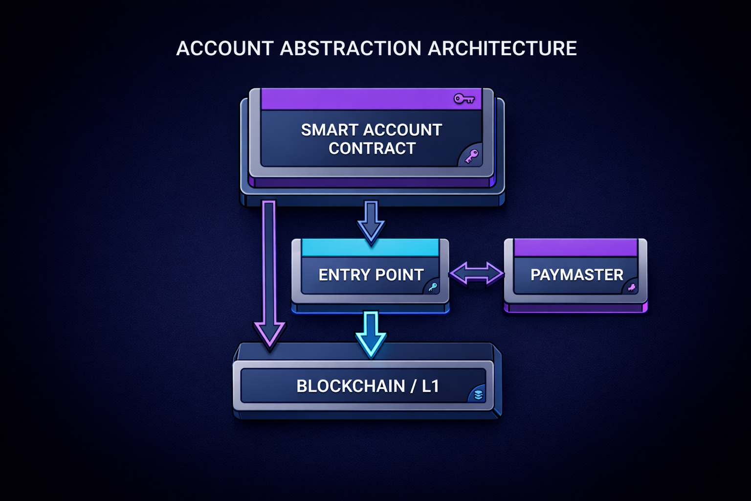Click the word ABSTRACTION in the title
(x=351, y=48)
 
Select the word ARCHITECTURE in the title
(x=502, y=48)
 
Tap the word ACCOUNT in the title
(x=224, y=48)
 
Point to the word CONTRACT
(x=372, y=148)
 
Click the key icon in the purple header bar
(x=464, y=99)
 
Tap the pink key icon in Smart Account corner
(x=471, y=157)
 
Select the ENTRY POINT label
(x=371, y=275)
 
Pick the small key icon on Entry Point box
(x=433, y=287)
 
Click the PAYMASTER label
(x=577, y=275)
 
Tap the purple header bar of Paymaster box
(x=575, y=248)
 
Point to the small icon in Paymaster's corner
(x=632, y=287)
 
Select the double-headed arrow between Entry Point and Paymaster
(x=476, y=273)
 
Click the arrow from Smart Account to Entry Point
(x=371, y=221)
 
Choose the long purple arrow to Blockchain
(x=269, y=274)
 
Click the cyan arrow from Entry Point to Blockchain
(x=371, y=333)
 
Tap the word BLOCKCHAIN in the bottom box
(x=351, y=387)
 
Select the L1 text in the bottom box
(x=430, y=387)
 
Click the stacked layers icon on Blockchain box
(x=478, y=394)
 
